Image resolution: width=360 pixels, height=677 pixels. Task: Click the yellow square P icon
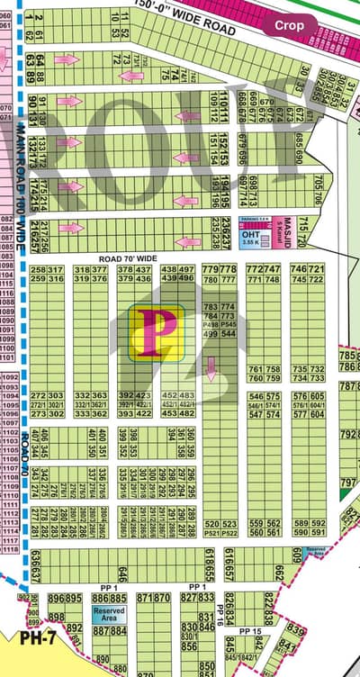157,332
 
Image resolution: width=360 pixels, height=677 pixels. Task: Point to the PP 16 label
220,609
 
